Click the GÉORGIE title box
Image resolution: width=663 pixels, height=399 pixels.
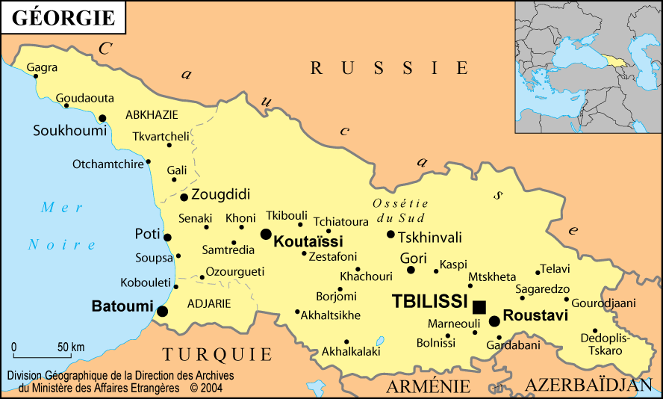63,17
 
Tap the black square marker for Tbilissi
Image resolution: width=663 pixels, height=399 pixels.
479,306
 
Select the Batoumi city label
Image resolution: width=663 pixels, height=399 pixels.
122,306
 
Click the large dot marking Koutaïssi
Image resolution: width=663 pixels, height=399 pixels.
265,234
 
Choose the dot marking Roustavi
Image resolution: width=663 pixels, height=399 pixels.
494,321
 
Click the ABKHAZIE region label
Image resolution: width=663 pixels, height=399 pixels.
152,114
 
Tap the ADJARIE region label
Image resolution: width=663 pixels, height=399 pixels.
208,303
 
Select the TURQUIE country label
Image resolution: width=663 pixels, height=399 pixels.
217,353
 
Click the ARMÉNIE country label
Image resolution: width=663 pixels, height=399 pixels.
428,386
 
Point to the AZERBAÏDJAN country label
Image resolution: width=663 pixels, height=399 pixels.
583,385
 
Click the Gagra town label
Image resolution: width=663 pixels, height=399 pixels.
42,67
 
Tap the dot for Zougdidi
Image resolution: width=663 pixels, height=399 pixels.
184,197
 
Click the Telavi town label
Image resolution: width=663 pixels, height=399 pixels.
555,268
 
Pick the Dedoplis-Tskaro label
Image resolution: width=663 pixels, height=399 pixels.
606,344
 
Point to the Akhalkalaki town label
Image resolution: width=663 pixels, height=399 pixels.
351,350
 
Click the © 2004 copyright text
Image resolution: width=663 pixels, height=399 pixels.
206,388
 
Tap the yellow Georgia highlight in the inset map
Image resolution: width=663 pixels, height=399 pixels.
614,60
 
